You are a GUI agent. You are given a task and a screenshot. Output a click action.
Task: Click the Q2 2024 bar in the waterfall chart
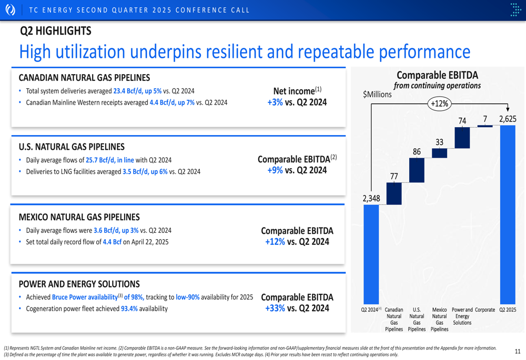point(371,252)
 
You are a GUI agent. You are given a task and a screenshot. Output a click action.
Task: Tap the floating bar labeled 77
point(394,193)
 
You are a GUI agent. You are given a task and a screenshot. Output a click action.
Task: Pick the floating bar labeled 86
point(417,170)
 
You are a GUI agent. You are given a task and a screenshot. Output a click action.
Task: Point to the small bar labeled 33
point(439,153)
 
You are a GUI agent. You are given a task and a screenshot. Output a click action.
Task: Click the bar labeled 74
point(462,138)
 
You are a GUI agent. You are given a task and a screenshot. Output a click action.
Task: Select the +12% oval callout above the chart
point(439,104)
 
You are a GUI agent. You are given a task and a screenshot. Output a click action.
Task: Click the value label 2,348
point(371,198)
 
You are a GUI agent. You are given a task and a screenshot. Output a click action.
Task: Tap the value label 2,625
point(508,119)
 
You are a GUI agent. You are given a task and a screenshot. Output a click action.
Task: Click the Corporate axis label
point(485,310)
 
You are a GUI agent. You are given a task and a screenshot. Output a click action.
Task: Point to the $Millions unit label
point(377,95)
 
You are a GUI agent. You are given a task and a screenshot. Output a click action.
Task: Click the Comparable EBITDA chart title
point(437,75)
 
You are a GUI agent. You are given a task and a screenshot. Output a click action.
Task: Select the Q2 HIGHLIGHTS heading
point(55,31)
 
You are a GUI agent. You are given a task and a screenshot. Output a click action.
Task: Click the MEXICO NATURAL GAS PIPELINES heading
point(79,217)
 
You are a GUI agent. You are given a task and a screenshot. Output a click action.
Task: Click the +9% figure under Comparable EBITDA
point(275,170)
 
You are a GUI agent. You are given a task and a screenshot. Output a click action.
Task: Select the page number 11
point(518,351)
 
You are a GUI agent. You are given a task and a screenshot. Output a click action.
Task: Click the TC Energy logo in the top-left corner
point(10,10)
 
